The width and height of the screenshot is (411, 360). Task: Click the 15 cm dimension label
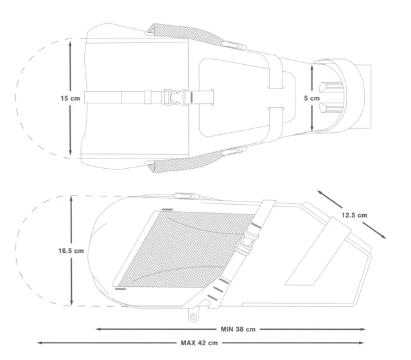(x=70, y=98)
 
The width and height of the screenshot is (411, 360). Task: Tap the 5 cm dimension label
(x=312, y=98)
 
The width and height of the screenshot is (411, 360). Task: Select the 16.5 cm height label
(x=71, y=251)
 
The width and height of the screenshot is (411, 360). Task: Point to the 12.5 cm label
(x=354, y=215)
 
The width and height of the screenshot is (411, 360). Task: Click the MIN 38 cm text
(x=238, y=329)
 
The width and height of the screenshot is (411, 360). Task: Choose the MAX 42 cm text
(x=199, y=343)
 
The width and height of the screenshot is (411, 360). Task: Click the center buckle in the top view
(x=174, y=97)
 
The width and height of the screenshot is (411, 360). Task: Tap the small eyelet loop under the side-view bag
(x=193, y=316)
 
